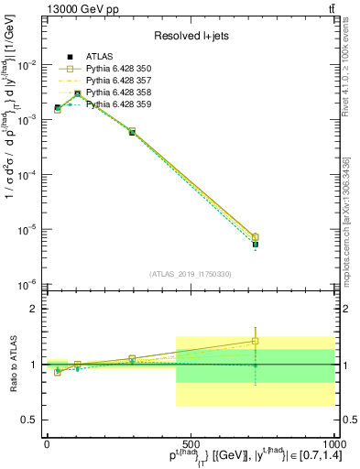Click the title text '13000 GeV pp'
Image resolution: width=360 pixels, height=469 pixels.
(x=45, y=8)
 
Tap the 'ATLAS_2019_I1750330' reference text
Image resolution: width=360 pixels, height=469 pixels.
(x=190, y=273)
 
